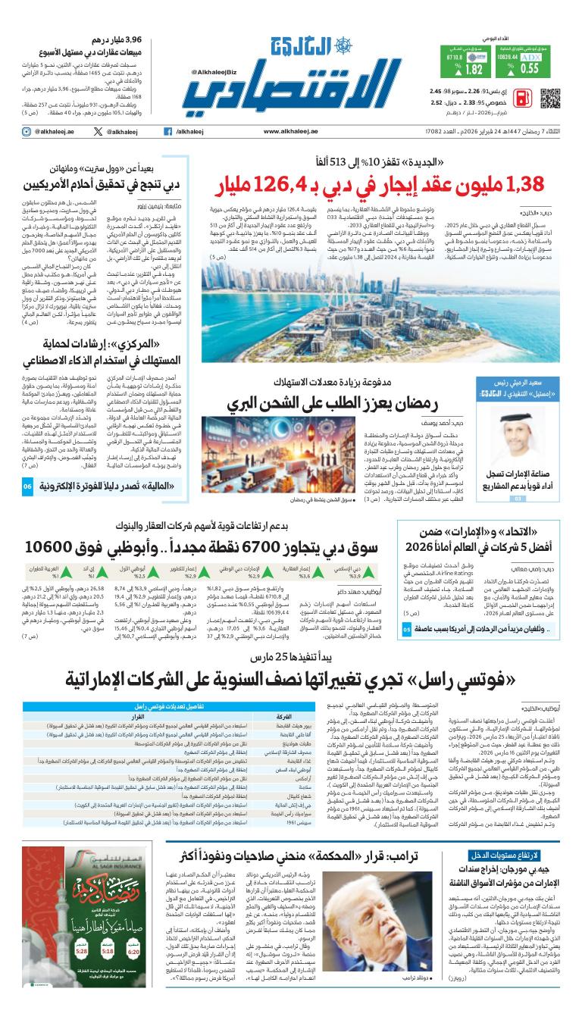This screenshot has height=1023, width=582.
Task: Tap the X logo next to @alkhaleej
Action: point(98,132)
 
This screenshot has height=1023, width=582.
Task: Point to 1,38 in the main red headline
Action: point(533,184)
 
